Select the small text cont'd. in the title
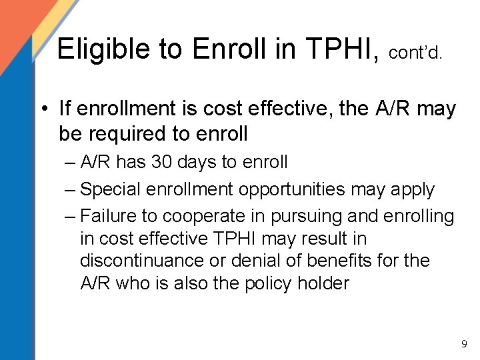[x=414, y=52]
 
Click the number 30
[x=161, y=162]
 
